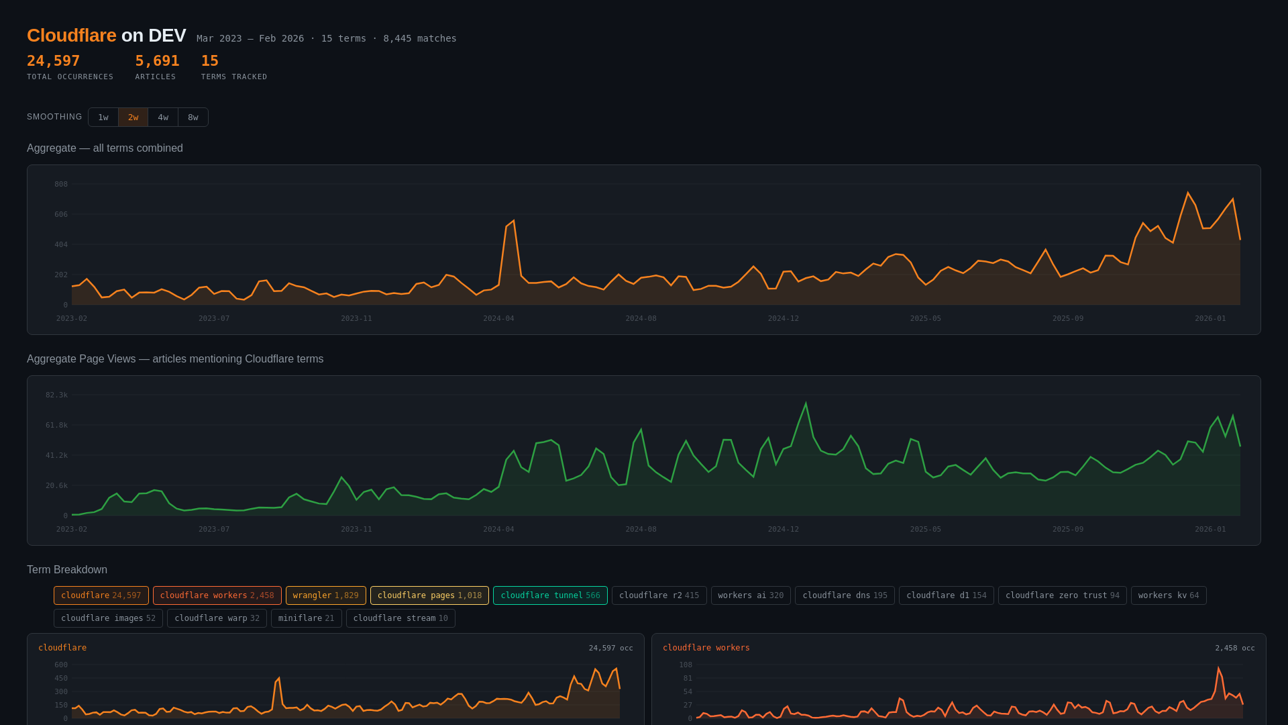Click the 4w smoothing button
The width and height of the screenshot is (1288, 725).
coord(163,117)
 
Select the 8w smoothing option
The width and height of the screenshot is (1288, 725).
coord(193,117)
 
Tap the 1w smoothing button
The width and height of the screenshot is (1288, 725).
coord(103,117)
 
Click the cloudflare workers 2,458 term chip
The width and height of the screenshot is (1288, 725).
coord(217,595)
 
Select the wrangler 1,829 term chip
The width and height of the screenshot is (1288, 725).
coord(325,595)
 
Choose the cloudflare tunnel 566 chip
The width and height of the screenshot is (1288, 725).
coord(550,595)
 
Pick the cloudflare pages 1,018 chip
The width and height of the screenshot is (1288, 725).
coord(429,595)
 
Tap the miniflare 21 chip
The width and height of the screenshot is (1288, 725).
coord(306,618)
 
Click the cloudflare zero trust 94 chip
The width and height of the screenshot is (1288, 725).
coord(1062,595)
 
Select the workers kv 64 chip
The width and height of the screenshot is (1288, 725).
coord(1168,595)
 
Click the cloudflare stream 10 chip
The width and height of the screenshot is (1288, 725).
coord(400,618)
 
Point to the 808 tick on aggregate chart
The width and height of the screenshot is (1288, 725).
coord(61,184)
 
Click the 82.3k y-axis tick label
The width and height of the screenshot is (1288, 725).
coord(57,395)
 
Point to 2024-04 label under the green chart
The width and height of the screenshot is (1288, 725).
coord(498,529)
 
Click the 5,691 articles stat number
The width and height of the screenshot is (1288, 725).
coord(157,61)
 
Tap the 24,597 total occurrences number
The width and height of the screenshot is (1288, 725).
coord(54,61)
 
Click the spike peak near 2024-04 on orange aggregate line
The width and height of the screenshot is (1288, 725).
coord(513,221)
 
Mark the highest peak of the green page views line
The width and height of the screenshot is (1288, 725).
coord(806,403)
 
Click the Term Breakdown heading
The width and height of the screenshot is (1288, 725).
coord(67,570)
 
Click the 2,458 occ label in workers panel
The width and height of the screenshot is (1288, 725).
coord(1234,648)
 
